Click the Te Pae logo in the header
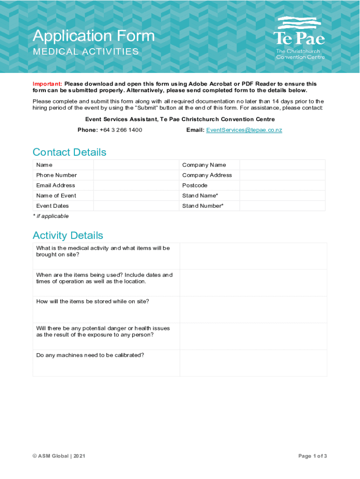click(299, 38)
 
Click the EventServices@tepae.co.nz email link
click(244, 130)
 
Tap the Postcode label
click(195, 185)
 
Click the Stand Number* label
click(203, 206)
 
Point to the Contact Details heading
click(69, 152)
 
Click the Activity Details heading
click(68, 235)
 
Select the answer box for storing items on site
click(253, 309)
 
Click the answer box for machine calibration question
click(253, 363)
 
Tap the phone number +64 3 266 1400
click(121, 130)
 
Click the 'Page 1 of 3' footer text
click(312, 456)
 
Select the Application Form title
click(94, 36)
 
